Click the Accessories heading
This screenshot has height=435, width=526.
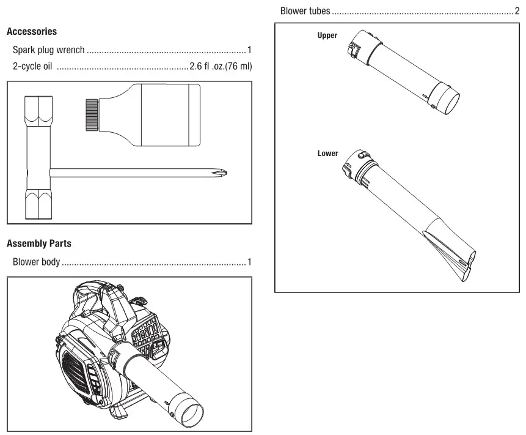point(32,31)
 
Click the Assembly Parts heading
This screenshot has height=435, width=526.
point(38,244)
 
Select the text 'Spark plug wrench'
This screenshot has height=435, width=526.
point(49,50)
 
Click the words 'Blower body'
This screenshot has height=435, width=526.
point(36,262)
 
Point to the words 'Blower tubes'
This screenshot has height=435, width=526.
point(305,11)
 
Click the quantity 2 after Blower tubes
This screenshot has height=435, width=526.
point(517,11)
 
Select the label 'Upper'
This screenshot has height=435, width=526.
point(327,35)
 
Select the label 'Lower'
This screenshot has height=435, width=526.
point(327,153)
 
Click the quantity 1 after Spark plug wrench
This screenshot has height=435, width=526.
point(249,50)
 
